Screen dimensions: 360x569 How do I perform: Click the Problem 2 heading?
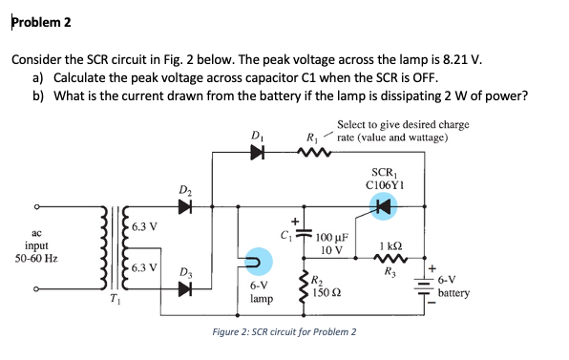click(41, 22)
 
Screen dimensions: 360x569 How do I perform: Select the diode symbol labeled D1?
click(257, 151)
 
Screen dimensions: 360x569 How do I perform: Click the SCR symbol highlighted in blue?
click(383, 205)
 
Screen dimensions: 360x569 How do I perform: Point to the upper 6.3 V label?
click(145, 226)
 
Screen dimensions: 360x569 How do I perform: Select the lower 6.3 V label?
click(145, 267)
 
